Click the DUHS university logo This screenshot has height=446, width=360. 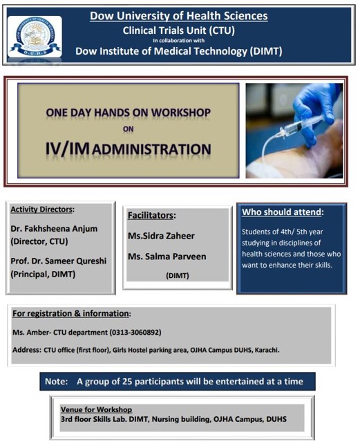click(35, 37)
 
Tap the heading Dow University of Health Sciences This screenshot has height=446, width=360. click(179, 16)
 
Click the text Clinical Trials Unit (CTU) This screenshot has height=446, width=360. click(179, 30)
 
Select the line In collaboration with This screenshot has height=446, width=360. click(179, 40)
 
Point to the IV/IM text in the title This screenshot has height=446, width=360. click(67, 149)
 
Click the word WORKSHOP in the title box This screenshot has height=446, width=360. click(181, 113)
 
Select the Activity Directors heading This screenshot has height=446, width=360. click(41, 210)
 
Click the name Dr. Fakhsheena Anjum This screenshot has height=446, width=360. click(54, 228)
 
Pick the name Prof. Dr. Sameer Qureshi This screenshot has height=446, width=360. click(59, 261)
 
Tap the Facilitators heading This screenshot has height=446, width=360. click(151, 215)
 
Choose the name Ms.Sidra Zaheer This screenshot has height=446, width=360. click(161, 236)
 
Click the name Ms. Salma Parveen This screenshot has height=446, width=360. click(167, 257)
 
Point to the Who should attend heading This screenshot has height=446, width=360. click(282, 212)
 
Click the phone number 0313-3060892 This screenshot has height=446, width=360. click(135, 332)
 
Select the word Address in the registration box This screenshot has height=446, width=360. click(27, 350)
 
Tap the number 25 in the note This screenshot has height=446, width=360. click(127, 381)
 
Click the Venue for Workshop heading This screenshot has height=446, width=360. click(96, 409)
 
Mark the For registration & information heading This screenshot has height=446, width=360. click(70, 313)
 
